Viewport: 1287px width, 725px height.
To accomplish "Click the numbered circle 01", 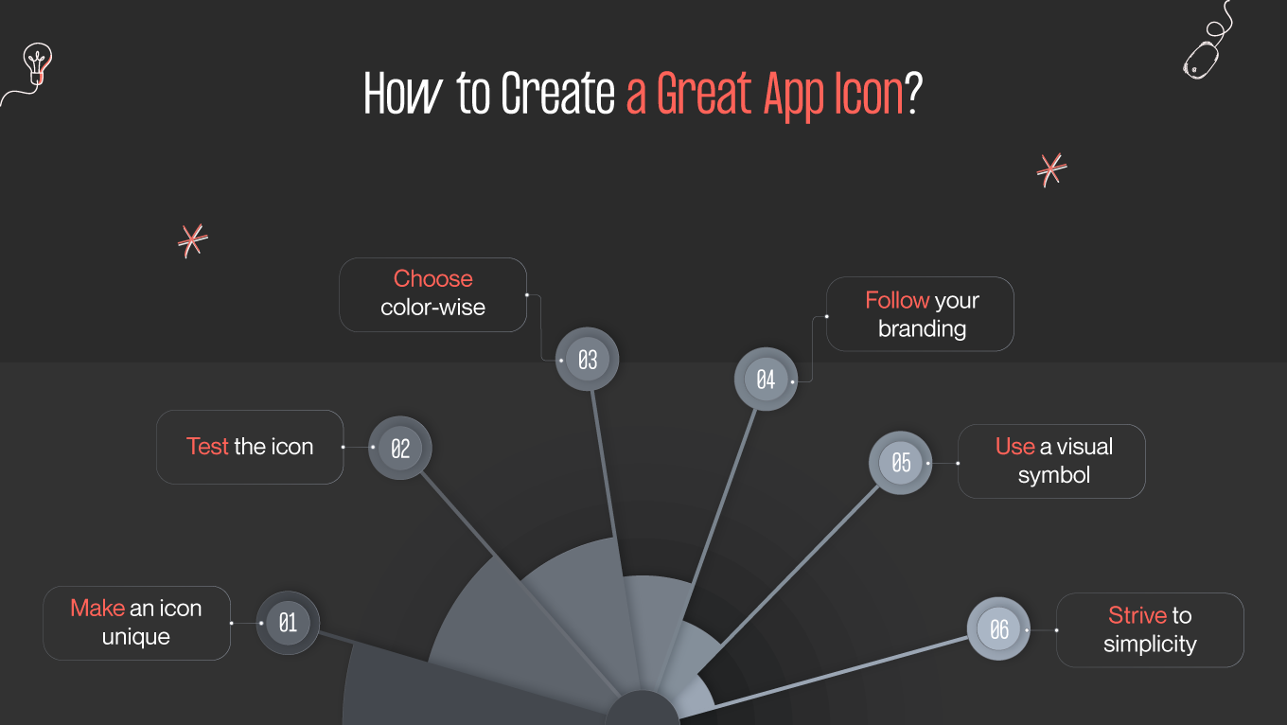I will [x=288, y=623].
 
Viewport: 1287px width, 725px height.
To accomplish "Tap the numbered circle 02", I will [x=399, y=448].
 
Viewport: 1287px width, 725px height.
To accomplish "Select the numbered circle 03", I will [x=587, y=360].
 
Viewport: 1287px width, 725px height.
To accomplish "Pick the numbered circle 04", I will [x=766, y=380].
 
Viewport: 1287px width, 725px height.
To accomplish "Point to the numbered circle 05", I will [x=900, y=462].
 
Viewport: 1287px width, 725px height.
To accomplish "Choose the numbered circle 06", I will [x=998, y=629].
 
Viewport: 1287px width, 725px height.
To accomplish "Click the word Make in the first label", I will [x=97, y=609].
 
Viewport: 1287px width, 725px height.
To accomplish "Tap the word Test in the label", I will [x=207, y=447].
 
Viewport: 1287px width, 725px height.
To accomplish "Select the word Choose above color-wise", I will [x=432, y=279].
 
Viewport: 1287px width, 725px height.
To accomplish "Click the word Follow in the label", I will [x=896, y=301].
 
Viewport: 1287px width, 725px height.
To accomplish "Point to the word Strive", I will [x=1137, y=616].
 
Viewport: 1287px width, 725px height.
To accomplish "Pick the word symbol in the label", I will [x=1054, y=476].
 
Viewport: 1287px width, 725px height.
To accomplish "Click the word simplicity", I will [x=1150, y=645].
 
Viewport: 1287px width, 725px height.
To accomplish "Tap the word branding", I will [x=922, y=329].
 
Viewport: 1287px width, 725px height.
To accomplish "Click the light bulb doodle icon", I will [x=36, y=64].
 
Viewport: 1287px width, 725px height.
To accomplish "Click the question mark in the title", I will [x=913, y=95].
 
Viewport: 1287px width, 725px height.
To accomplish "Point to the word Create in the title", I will [x=558, y=95].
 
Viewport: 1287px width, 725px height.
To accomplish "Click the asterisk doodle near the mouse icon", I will [x=1050, y=170].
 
